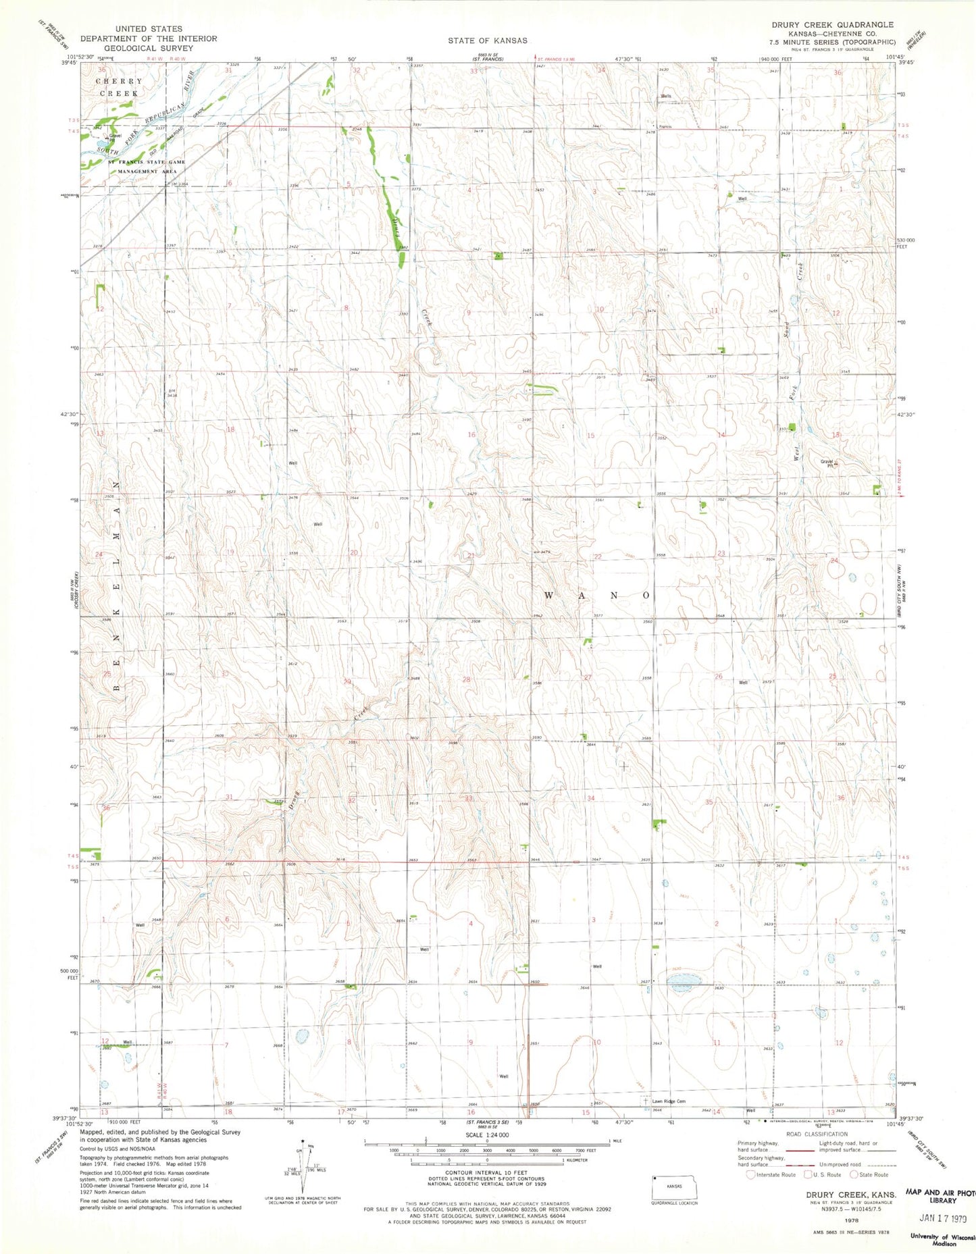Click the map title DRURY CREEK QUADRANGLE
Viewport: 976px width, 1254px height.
pos(832,25)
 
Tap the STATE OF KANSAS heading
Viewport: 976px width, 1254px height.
pos(487,41)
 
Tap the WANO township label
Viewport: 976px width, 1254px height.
pos(596,596)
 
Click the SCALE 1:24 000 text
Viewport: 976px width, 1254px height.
pos(484,1134)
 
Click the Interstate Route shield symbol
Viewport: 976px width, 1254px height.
pos(750,1174)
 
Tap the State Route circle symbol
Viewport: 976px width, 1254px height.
pos(854,1174)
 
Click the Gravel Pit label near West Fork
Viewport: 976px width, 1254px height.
pos(827,463)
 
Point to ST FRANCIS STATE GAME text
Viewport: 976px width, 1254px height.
pos(147,162)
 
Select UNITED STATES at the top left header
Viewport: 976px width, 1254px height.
pos(148,29)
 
